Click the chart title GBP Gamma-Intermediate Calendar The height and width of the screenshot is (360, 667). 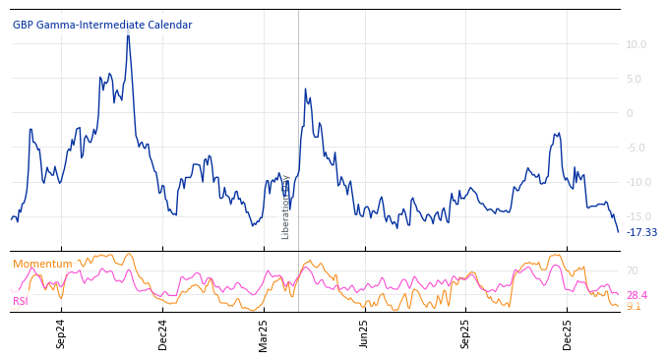point(102,26)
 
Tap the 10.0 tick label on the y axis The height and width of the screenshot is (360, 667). point(636,44)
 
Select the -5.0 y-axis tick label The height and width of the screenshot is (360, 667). point(636,148)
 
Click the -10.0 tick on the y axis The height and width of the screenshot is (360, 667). point(635,182)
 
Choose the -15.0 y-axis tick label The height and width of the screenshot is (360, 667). point(635,216)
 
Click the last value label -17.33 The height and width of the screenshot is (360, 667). point(641,233)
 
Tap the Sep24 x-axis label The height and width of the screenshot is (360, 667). point(61,333)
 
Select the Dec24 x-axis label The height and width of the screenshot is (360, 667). point(163,333)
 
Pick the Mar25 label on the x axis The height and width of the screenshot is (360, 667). point(264,333)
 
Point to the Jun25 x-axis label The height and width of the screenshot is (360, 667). point(364,333)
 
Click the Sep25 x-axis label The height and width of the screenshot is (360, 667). point(465,333)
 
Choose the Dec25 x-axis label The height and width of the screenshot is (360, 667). point(567,333)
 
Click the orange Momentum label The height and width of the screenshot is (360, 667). point(42,265)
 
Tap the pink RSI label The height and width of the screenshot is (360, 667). point(21,302)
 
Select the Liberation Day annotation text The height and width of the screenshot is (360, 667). point(286,208)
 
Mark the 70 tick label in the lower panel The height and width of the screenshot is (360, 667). point(633,270)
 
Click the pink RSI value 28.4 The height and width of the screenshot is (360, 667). point(637,295)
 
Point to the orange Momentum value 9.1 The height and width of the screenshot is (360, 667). point(634,307)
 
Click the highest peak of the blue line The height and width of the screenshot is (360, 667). point(128,35)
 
